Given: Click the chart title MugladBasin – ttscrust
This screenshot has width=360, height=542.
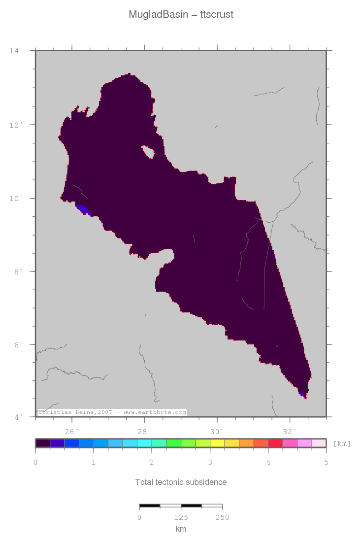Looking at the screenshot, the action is click(181, 15).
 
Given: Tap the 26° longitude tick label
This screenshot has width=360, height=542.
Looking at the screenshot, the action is click(72, 432).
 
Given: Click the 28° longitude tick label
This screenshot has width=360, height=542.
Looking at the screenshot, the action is click(145, 432).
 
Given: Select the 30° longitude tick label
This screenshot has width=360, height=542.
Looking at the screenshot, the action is click(217, 432).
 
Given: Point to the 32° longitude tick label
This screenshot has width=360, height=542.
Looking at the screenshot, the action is click(290, 432).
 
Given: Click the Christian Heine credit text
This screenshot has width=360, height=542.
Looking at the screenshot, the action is click(112, 412).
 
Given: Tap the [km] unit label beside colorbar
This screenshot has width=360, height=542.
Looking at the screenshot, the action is click(342, 443).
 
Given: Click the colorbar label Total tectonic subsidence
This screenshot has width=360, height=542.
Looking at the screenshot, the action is click(181, 482).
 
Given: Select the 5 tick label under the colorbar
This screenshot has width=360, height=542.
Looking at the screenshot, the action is click(326, 462).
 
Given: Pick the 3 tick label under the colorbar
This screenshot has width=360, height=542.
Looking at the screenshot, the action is click(210, 462).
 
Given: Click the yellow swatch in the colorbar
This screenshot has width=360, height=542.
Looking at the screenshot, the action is click(217, 443).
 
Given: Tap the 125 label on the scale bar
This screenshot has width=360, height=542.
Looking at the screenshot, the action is click(181, 517).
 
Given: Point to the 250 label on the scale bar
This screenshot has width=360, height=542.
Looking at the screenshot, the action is click(222, 517).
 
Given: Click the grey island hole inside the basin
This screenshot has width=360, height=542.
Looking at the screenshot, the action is click(148, 152).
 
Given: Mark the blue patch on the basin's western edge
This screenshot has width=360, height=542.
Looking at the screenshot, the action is click(83, 209).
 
